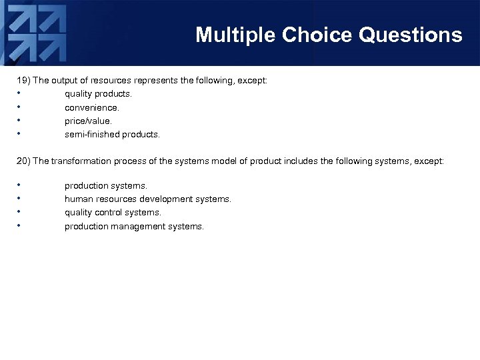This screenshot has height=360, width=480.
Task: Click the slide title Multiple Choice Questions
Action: pyautogui.click(x=329, y=35)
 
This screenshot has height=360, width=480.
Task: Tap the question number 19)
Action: pyautogui.click(x=23, y=80)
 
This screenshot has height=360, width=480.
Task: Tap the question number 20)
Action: pyautogui.click(x=23, y=162)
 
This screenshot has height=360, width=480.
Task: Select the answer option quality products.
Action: pyautogui.click(x=103, y=94)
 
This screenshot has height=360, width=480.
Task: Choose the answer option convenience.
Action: pyautogui.click(x=92, y=107)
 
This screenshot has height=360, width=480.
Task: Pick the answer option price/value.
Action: pyautogui.click(x=88, y=121)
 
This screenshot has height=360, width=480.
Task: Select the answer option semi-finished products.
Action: pyautogui.click(x=112, y=135)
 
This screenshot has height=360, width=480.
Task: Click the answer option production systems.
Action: pyautogui.click(x=105, y=185)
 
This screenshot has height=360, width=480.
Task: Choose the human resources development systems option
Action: pyautogui.click(x=147, y=199)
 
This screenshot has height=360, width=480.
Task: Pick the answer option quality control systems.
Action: pyautogui.click(x=113, y=213)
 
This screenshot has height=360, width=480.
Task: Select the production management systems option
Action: pyautogui.click(x=134, y=227)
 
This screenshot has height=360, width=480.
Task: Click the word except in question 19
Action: pyautogui.click(x=251, y=80)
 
